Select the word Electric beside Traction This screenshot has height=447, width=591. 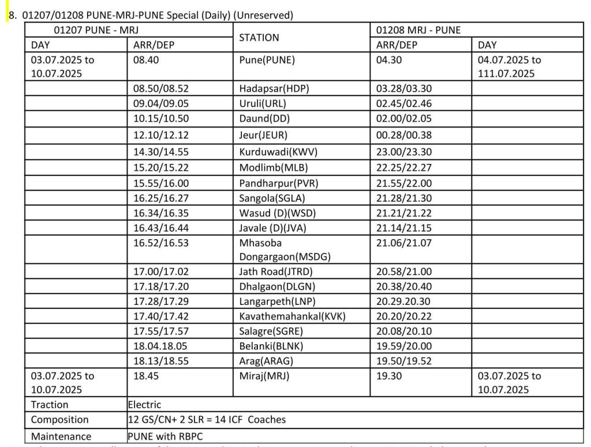144,405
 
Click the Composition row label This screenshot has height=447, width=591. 60,420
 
